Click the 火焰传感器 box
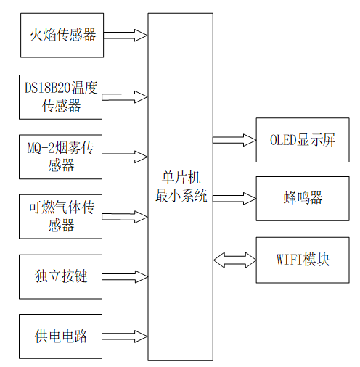[62, 35]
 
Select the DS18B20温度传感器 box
[62, 96]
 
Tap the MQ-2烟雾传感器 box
[62, 156]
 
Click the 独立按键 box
[62, 276]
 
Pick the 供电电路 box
[62, 336]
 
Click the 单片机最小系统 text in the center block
[181, 186]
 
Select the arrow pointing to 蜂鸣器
[234, 197]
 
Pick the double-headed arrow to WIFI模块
[234, 259]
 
